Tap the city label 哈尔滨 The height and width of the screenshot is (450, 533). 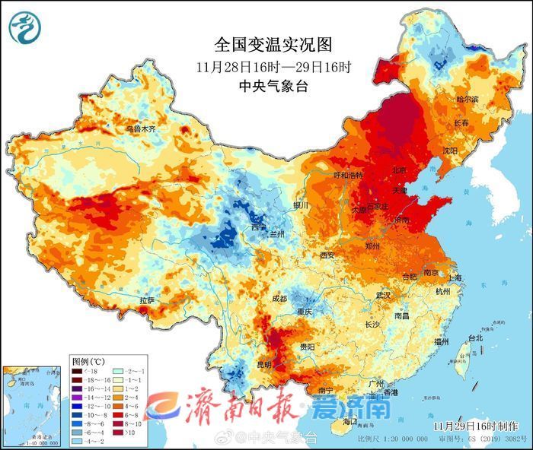point(468,100)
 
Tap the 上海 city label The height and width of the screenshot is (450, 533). point(455,278)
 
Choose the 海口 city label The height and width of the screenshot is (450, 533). point(349,421)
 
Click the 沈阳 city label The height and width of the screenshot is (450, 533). point(450,151)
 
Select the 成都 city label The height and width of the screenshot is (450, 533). point(279,299)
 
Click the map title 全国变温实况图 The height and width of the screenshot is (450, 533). point(273,45)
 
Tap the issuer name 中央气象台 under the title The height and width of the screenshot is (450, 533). point(273,86)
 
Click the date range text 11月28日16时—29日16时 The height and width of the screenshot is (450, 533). point(273,66)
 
